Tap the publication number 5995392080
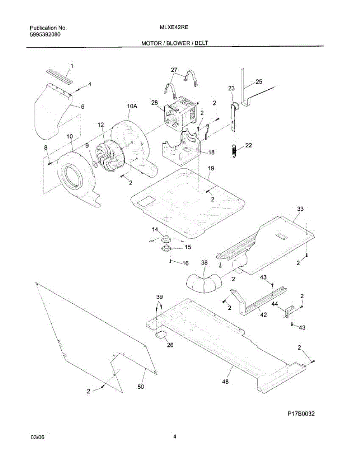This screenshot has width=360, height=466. [45, 34]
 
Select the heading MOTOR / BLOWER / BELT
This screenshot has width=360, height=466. [175, 43]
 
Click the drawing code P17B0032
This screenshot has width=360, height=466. [301, 414]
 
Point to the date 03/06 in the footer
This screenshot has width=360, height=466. [38, 437]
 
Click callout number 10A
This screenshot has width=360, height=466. [132, 106]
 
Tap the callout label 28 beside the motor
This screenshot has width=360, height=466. [155, 103]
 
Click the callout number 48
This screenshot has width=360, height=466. [225, 381]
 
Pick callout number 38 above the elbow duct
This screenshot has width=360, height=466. [204, 263]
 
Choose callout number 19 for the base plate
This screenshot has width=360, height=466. [211, 169]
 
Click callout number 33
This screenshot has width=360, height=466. [300, 209]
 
